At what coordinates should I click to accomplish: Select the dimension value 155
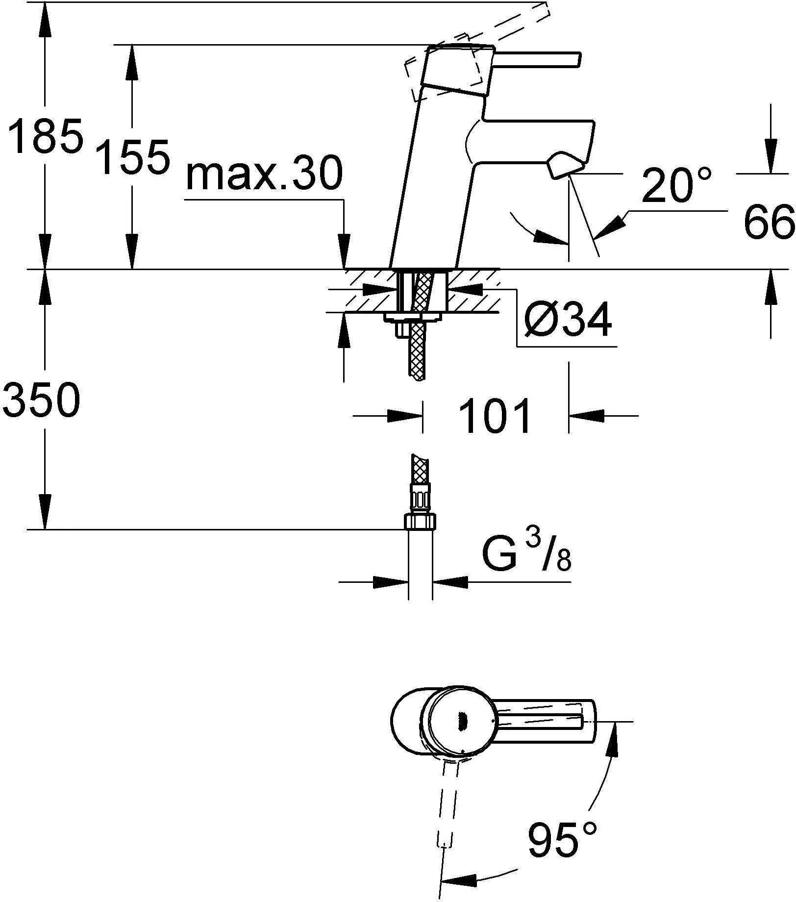tap(132, 157)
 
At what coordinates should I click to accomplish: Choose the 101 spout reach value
tap(495, 416)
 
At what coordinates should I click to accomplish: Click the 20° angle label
tap(675, 185)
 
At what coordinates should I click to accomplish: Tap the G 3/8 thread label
tap(526, 554)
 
